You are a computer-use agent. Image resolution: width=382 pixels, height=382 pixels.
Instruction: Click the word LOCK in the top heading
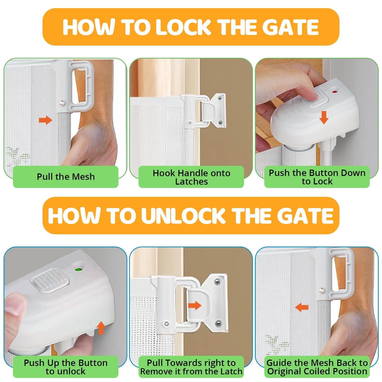click(183, 27)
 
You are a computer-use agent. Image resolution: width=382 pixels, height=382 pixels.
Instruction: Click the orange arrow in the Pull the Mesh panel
click(45, 120)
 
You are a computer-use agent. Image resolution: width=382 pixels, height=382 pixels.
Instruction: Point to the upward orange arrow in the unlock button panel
click(101, 328)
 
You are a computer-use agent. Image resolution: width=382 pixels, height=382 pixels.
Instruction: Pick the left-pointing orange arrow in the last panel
click(302, 307)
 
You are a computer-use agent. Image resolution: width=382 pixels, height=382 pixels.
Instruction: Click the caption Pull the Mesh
click(66, 177)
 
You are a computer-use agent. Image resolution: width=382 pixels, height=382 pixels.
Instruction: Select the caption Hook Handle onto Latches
click(191, 177)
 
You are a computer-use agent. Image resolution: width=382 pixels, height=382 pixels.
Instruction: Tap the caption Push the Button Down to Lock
click(317, 177)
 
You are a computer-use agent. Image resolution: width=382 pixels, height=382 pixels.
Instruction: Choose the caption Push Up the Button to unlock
click(66, 367)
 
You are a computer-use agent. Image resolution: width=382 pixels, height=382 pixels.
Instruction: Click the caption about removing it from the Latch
click(191, 367)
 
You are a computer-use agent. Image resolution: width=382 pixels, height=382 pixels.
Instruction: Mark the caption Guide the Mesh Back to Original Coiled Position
click(317, 367)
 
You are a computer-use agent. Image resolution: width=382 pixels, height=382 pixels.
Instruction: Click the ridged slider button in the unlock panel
click(50, 279)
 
